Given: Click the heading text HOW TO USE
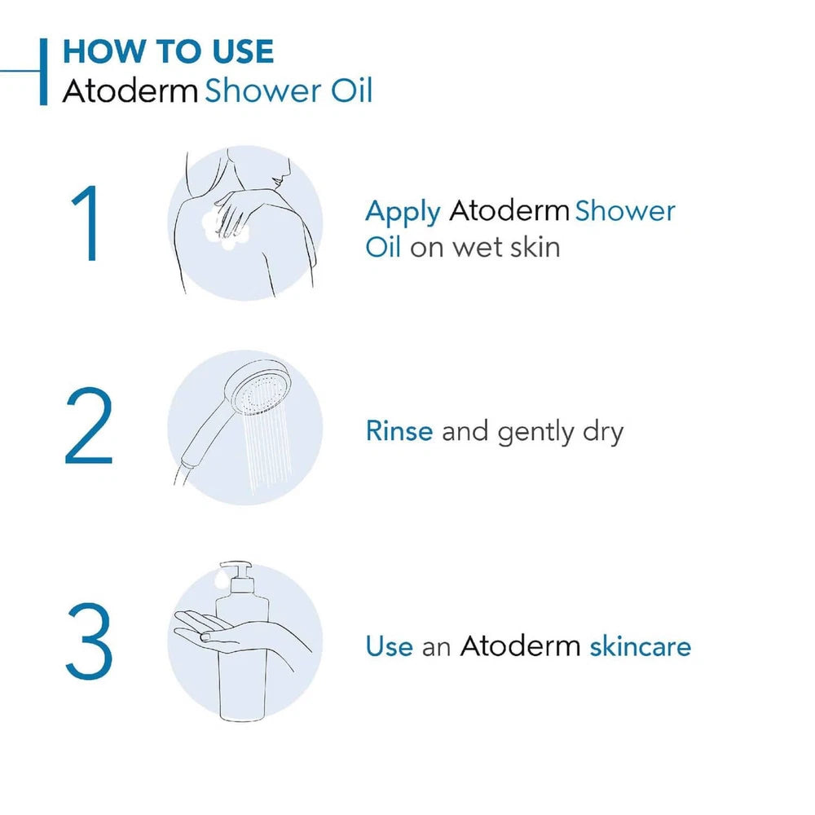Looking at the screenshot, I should pos(168,52).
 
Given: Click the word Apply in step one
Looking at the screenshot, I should pos(403,213).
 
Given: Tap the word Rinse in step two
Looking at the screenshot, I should pos(399,431).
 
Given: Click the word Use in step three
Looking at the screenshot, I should pos(390,646).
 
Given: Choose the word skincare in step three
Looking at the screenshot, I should pos(640,646).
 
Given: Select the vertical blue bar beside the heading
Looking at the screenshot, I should pos(43,71).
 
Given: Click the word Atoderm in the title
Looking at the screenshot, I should pos(130,90).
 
